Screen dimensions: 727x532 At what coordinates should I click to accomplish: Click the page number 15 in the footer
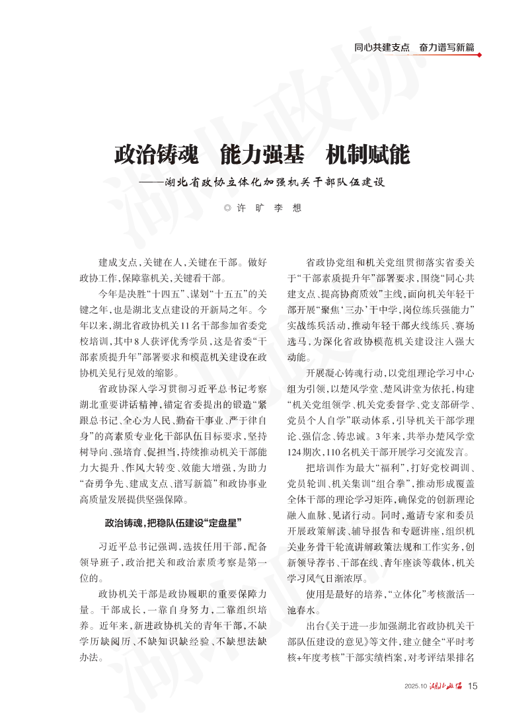pos(473,686)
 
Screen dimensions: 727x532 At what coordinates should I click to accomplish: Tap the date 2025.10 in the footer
pos(416,687)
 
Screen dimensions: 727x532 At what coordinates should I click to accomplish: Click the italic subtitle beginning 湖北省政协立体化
pos(274,181)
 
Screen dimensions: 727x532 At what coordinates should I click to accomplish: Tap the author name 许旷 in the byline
pos(249,208)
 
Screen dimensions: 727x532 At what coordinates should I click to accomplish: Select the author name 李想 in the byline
pos(287,208)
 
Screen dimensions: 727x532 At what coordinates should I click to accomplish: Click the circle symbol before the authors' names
pos(227,208)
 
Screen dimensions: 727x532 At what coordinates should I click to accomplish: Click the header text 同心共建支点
pos(381,48)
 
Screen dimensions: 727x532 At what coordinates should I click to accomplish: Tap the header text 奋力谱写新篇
pos(447,48)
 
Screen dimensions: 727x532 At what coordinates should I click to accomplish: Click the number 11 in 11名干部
pos(184,325)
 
